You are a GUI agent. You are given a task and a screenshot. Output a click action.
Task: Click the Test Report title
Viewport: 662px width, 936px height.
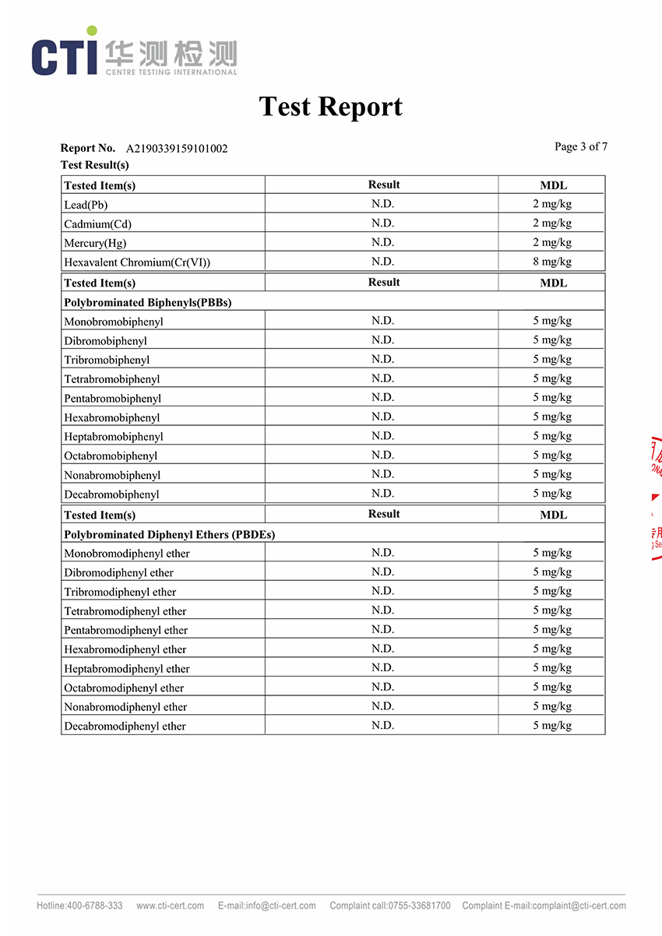coord(330,107)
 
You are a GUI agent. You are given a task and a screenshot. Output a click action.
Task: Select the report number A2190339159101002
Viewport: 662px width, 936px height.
coord(177,149)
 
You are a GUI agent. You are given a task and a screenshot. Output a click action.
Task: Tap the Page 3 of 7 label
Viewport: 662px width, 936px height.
coord(580,146)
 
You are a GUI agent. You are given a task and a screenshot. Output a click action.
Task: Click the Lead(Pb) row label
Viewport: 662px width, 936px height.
coord(86,205)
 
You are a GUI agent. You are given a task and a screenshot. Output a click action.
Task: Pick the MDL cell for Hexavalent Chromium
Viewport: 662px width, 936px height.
coord(552,262)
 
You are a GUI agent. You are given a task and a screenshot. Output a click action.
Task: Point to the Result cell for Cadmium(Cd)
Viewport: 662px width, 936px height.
coord(382,223)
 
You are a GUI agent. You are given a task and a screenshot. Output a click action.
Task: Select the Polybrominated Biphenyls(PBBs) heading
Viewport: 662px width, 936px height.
coord(148,302)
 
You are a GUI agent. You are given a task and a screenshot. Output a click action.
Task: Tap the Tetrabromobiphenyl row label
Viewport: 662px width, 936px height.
coord(112,379)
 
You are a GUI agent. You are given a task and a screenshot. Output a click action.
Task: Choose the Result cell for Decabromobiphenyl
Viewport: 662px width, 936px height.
coord(382,493)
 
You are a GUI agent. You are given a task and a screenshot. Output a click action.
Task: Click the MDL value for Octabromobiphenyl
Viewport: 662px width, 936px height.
coord(552,455)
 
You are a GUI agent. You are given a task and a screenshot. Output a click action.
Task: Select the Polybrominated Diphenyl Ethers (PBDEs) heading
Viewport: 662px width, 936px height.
coord(169,534)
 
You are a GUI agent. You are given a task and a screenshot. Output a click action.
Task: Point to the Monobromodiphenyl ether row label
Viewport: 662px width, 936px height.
coord(127,554)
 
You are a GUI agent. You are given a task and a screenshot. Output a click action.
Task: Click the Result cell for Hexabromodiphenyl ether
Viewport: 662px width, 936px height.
coord(382,648)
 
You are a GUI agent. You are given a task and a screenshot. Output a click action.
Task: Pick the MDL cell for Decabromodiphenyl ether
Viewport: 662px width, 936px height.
coord(552,725)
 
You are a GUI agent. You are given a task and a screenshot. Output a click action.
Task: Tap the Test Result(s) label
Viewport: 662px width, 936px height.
coord(95,165)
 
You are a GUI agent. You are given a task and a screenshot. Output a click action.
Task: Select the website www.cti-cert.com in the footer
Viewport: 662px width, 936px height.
coord(170,906)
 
